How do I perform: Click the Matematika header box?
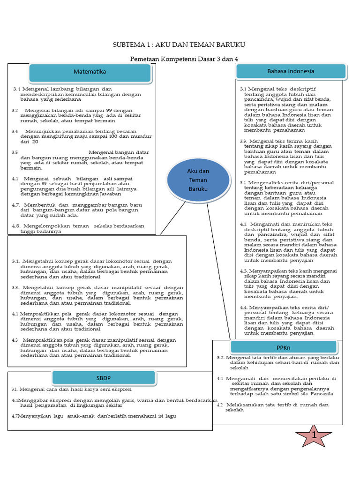pos(90,72)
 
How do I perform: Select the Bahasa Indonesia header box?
pos(291,71)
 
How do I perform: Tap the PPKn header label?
pos(284,347)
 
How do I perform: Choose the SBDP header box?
pos(104,378)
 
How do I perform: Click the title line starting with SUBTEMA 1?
pos(179,45)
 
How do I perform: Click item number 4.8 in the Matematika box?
pos(15,226)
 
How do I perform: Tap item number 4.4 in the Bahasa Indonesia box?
pos(243,307)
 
